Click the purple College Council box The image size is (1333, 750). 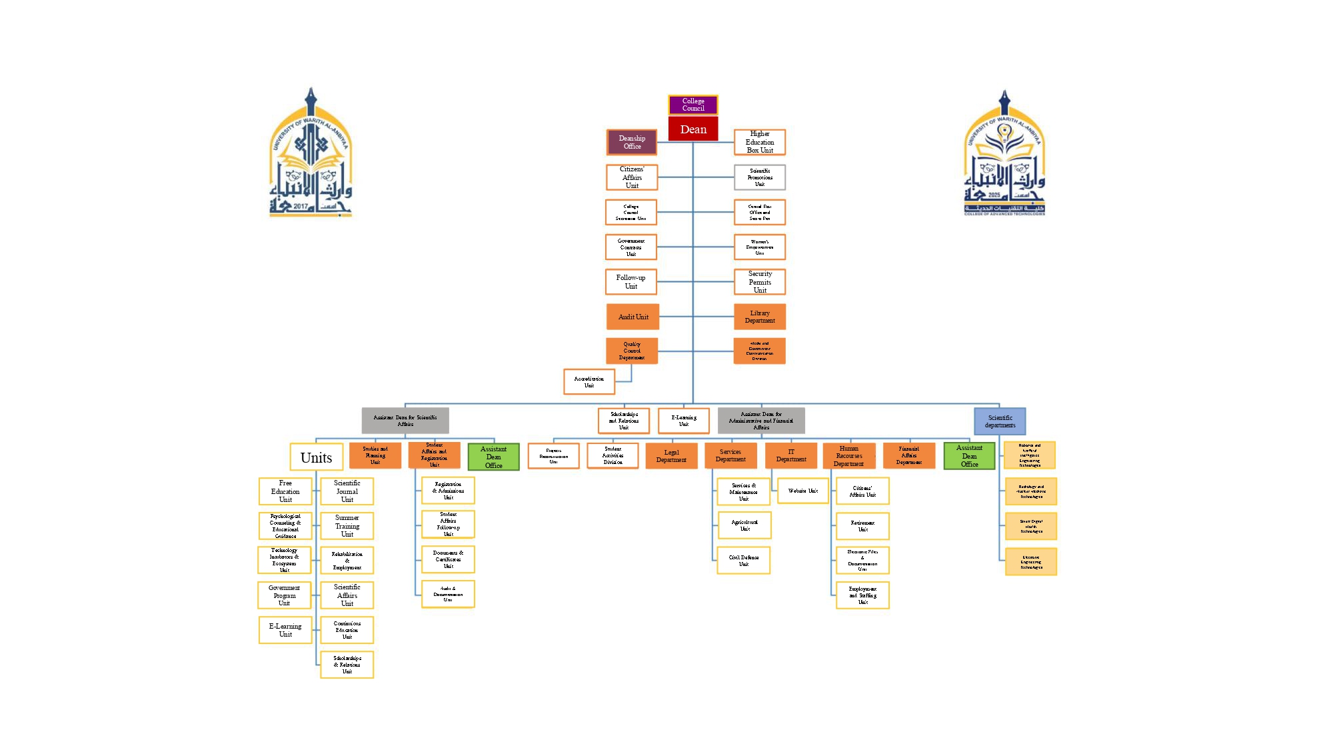[693, 105]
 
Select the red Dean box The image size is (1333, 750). [693, 129]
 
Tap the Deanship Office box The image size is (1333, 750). [632, 142]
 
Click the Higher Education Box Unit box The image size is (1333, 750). [760, 142]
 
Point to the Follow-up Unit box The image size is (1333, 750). [631, 282]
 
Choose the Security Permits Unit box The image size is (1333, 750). [760, 282]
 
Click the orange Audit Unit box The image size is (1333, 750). [633, 317]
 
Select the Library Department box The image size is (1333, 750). [760, 317]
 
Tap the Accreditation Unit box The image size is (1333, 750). [589, 382]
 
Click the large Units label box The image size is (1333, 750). [317, 457]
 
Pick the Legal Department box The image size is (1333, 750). [671, 456]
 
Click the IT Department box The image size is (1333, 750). [791, 456]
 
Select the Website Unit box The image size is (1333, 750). [802, 491]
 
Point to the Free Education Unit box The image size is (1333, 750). [285, 491]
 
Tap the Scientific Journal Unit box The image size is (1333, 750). [347, 491]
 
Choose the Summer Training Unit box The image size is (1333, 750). [347, 526]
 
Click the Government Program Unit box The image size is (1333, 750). [285, 595]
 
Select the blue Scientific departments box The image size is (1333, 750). [1000, 421]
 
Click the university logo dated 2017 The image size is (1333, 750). [311, 153]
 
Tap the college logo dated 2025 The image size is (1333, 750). [1004, 155]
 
